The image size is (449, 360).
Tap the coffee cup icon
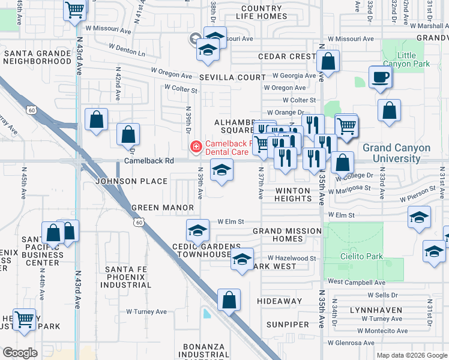click(x=381, y=77)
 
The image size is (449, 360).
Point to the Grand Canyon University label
click(x=396, y=153)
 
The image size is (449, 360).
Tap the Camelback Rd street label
click(x=149, y=161)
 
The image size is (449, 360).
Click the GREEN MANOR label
click(x=163, y=208)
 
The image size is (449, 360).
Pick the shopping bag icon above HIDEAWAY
click(x=229, y=300)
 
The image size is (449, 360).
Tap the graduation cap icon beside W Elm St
click(x=198, y=230)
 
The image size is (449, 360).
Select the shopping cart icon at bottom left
click(x=25, y=319)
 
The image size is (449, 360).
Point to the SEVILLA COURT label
click(x=232, y=77)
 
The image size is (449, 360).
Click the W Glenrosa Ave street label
click(x=355, y=343)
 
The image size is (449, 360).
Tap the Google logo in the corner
click(x=20, y=353)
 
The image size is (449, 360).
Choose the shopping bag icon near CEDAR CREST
click(x=328, y=61)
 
